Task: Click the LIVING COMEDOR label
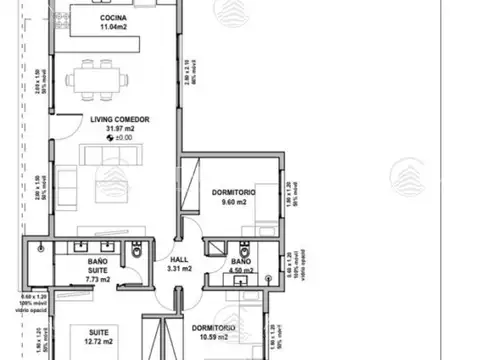(x=119, y=119)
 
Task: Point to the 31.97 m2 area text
(x=119, y=128)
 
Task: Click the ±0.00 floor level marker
(x=119, y=137)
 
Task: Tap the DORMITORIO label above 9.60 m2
(x=234, y=191)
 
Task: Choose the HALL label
(x=178, y=258)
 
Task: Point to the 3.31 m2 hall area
(x=178, y=268)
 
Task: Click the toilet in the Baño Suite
(x=135, y=259)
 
